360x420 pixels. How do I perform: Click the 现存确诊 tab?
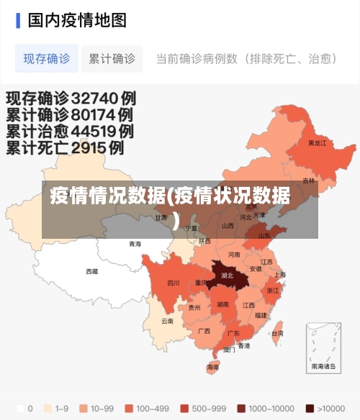click(x=47, y=59)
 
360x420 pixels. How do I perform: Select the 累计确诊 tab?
click(x=112, y=59)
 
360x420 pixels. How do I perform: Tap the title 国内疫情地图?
click(x=77, y=19)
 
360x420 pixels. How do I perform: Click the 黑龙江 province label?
click(x=317, y=143)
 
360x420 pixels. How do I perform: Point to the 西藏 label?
click(x=92, y=272)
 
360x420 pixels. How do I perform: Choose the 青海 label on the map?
click(x=135, y=245)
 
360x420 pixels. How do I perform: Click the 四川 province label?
click(x=174, y=283)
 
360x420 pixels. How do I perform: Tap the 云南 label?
click(x=167, y=321)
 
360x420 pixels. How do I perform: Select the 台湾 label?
click(x=276, y=334)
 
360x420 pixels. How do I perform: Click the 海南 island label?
click(x=213, y=367)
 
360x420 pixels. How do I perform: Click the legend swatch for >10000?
click(x=310, y=408)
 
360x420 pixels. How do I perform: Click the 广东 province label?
click(x=233, y=334)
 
